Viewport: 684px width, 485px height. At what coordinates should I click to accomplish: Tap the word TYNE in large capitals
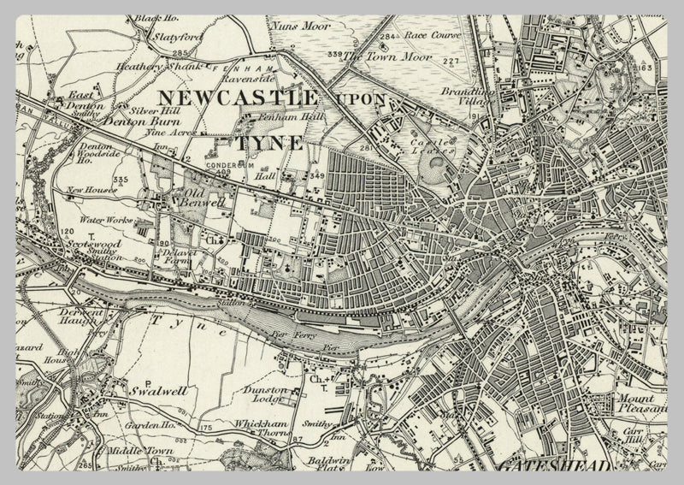click(x=271, y=142)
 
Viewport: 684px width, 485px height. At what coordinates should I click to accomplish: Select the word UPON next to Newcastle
click(x=360, y=99)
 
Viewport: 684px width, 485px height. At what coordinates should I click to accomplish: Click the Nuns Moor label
click(x=300, y=26)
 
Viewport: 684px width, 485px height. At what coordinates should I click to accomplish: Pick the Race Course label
click(x=433, y=36)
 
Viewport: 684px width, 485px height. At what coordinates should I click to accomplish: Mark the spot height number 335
click(x=120, y=180)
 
